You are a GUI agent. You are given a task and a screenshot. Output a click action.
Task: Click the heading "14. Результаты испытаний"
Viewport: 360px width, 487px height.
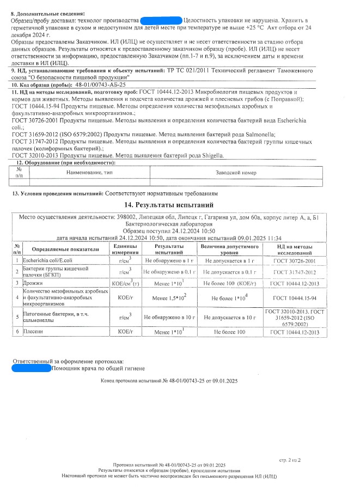tap(167, 205)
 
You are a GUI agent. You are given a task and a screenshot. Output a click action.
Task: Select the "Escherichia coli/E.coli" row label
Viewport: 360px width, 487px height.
tap(42, 260)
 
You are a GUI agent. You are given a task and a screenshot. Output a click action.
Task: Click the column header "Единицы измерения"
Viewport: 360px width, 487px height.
tap(125, 250)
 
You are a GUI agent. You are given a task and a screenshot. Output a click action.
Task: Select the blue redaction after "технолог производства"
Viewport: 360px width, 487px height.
tap(161, 20)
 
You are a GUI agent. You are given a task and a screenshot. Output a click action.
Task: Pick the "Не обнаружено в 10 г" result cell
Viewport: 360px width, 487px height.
tap(169, 316)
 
